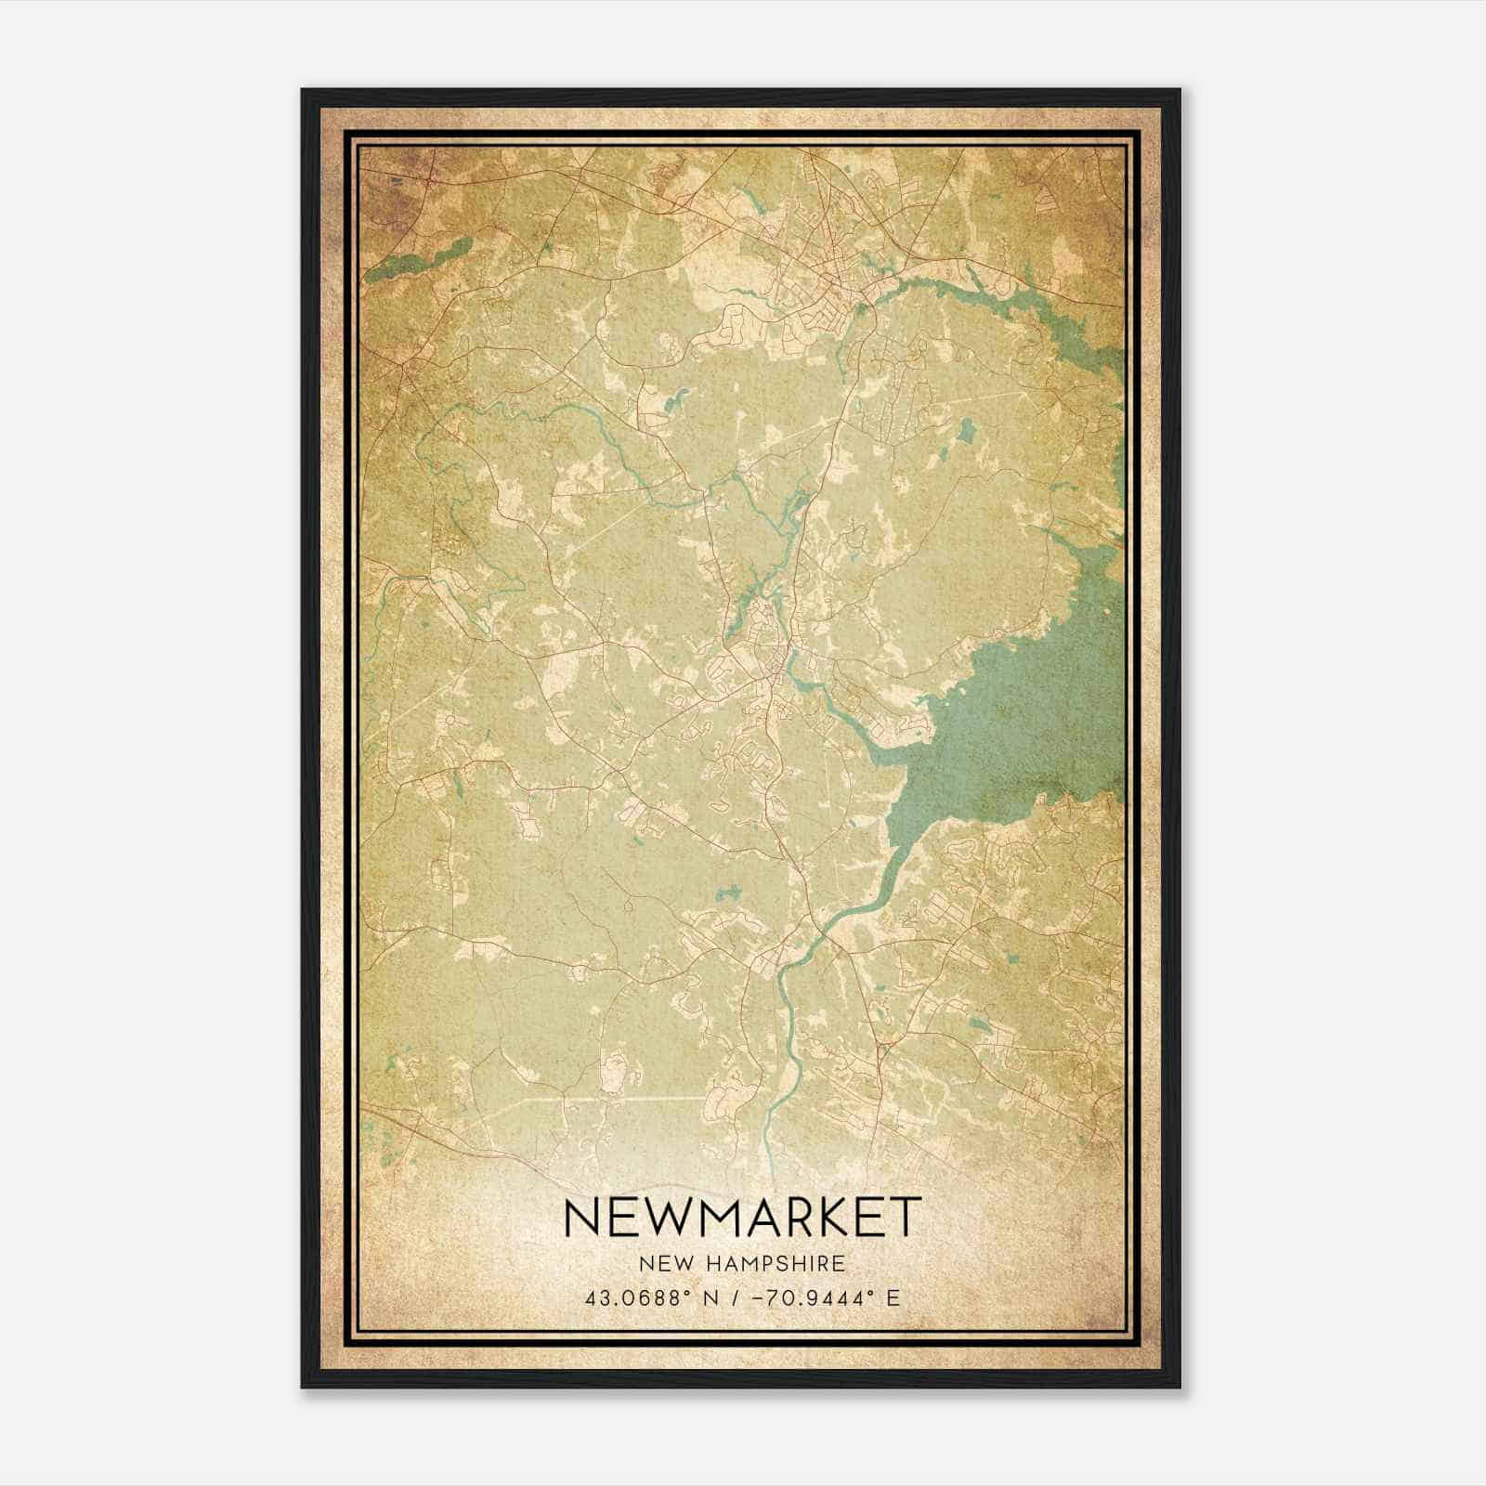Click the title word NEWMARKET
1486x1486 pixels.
click(742, 1217)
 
